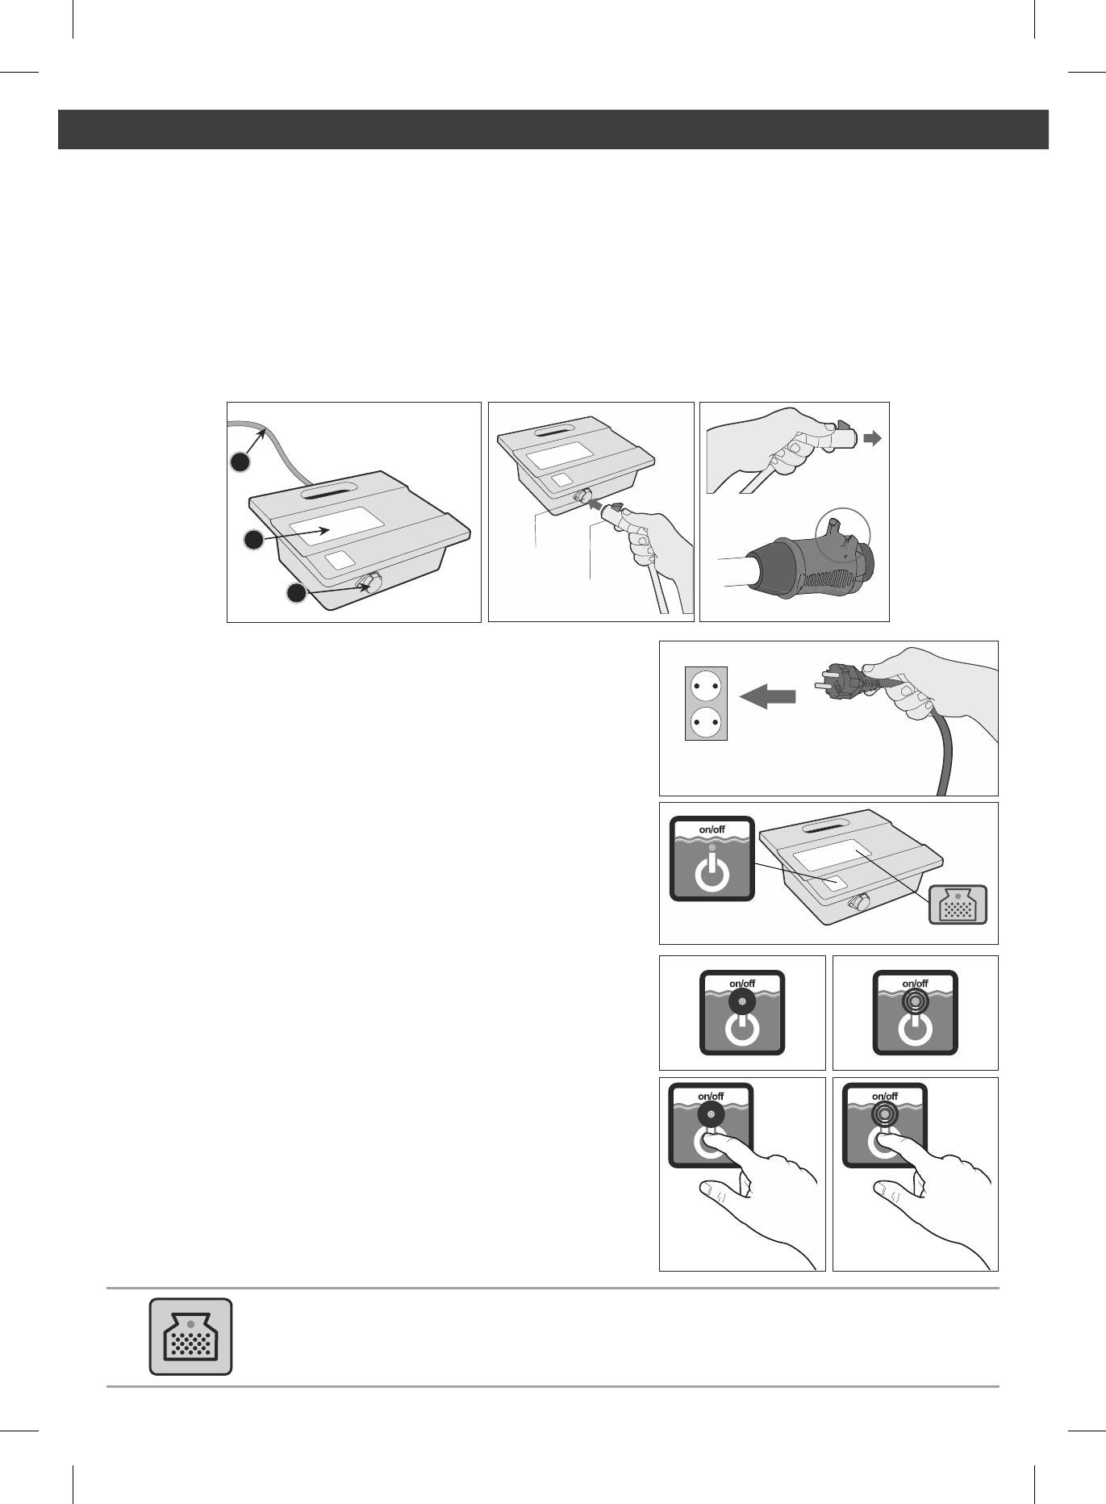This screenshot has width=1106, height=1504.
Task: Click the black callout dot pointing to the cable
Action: coord(240,462)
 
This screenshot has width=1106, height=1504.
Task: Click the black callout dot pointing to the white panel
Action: coord(254,541)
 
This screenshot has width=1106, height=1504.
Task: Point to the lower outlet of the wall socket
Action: coord(706,720)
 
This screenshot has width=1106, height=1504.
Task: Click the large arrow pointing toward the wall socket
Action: coord(767,696)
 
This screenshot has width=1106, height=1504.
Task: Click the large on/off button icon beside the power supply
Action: coord(712,859)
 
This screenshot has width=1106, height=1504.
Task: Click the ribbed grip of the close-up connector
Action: coord(819,577)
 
